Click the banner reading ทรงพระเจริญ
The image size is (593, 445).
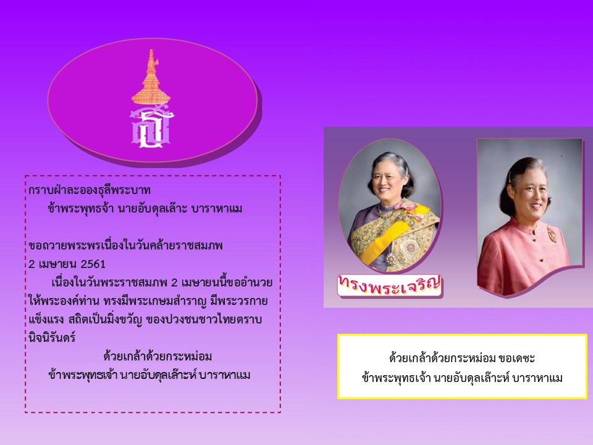pyautogui.click(x=390, y=285)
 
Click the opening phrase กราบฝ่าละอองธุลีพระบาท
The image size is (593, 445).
pyautogui.click(x=90, y=190)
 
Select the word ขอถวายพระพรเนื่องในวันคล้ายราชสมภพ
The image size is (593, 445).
pyautogui.click(x=125, y=245)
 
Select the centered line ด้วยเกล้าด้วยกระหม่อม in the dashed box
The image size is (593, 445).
pyautogui.click(x=158, y=356)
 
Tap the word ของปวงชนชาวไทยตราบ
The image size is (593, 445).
pyautogui.click(x=204, y=320)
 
